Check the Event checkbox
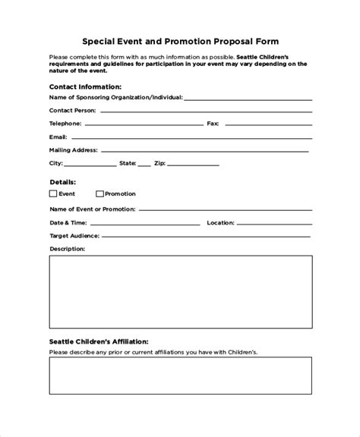(53, 194)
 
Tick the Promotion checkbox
(99, 194)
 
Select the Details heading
(62, 182)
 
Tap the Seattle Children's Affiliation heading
(99, 319)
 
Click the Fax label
(213, 122)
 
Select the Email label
(58, 137)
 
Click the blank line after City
(90, 165)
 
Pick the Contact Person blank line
(204, 112)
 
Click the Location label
(220, 222)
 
